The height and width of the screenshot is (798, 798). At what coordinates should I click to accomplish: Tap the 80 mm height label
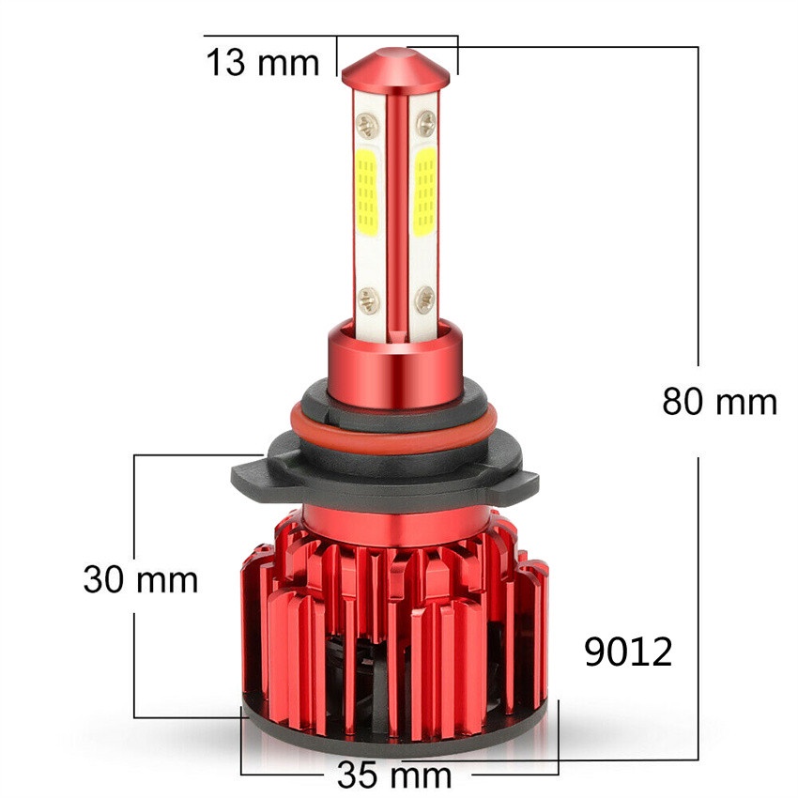[x=719, y=402]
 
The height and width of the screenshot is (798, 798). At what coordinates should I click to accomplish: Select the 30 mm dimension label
[x=141, y=578]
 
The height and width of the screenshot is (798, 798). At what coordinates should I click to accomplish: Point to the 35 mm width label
[x=394, y=775]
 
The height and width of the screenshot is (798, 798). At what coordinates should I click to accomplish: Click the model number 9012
[x=628, y=652]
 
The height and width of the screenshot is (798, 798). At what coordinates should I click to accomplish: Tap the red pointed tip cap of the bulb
[x=398, y=68]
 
